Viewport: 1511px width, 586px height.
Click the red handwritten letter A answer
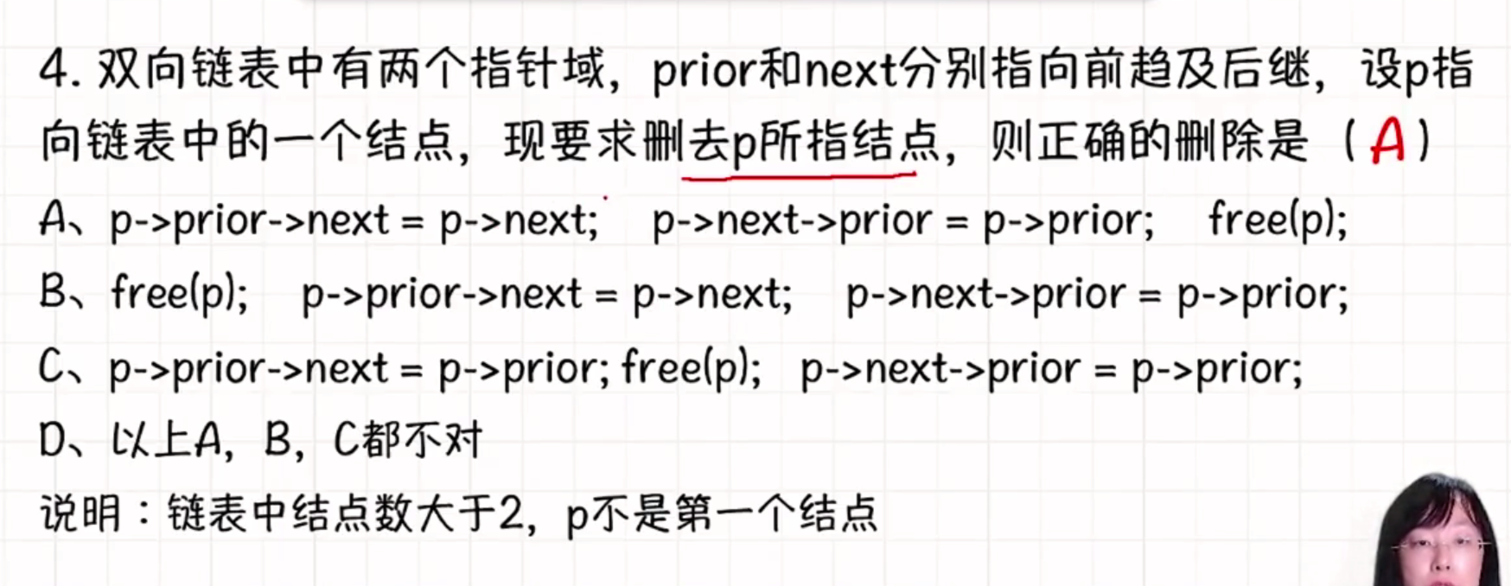[1387, 140]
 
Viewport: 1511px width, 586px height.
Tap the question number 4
[54, 69]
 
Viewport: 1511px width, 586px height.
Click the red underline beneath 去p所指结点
[799, 176]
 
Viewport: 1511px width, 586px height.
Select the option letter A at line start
[53, 220]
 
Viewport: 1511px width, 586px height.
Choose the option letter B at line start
[53, 293]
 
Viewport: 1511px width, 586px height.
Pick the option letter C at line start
[51, 368]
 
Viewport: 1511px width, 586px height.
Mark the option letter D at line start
[52, 441]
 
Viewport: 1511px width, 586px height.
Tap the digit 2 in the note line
[511, 513]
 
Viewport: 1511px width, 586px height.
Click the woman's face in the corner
[1438, 540]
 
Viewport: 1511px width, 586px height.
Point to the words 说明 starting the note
[80, 513]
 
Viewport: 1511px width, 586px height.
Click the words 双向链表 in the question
[190, 69]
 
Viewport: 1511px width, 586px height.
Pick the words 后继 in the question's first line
[1266, 69]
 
